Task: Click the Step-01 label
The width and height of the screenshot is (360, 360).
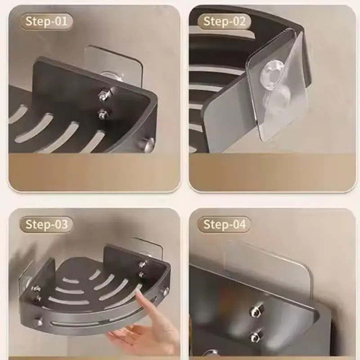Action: (x=46, y=21)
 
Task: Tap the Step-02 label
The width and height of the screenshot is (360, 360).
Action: (x=224, y=21)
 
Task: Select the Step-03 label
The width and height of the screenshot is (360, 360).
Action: (x=46, y=224)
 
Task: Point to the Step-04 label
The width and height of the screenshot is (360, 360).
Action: (x=224, y=224)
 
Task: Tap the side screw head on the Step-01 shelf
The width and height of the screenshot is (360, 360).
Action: (x=148, y=144)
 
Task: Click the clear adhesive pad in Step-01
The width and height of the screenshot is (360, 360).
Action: (x=114, y=65)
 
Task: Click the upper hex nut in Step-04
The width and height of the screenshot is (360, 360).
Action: (x=256, y=310)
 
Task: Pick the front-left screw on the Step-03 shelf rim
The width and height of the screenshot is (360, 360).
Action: (x=38, y=322)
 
